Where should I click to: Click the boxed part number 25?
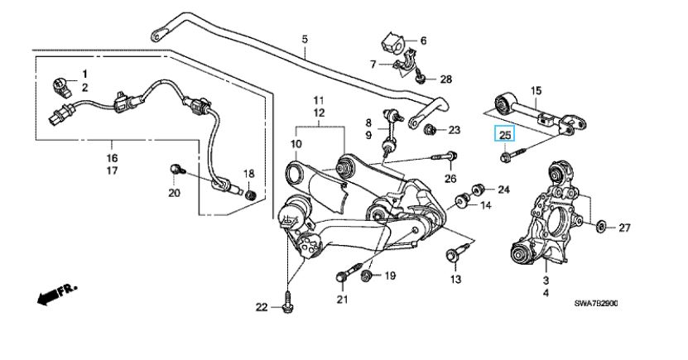(505, 133)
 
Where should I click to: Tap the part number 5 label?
(304, 39)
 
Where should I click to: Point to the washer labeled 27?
(601, 226)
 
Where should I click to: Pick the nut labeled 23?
(430, 130)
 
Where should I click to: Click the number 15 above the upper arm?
(536, 90)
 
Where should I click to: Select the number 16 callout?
(112, 157)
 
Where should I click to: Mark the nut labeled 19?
(368, 276)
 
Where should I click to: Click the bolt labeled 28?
(421, 79)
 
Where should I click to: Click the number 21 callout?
(341, 298)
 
